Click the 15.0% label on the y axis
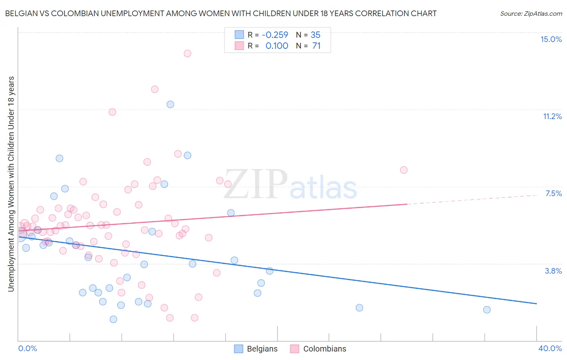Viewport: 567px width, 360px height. click(551, 39)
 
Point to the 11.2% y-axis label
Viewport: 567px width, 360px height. click(552, 116)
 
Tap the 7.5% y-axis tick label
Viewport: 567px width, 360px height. click(553, 193)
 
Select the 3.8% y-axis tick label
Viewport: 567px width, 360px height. click(553, 271)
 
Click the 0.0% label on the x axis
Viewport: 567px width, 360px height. click(27, 348)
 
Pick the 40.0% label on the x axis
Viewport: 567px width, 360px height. click(550, 348)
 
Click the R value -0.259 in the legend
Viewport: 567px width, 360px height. click(275, 35)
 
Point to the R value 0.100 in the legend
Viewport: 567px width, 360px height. click(277, 46)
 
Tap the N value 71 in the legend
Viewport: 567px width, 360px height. click(316, 46)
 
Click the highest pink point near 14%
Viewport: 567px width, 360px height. click(187, 53)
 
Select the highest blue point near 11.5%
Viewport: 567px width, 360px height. click(170, 104)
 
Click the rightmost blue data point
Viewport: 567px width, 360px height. click(487, 310)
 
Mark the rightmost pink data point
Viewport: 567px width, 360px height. click(404, 170)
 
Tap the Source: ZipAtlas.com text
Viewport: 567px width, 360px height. click(531, 13)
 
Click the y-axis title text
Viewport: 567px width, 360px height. click(11, 184)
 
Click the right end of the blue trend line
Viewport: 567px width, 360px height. click(536, 303)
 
